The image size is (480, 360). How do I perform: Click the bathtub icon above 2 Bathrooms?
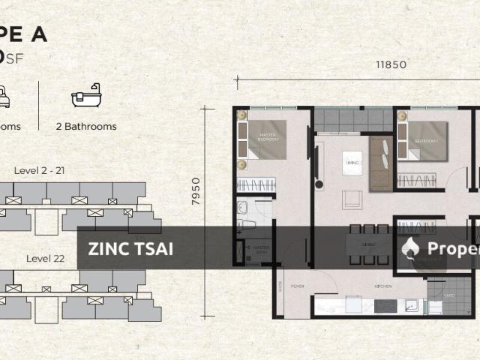82,98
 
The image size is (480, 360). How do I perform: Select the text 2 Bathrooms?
85,127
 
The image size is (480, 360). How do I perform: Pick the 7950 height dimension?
196,191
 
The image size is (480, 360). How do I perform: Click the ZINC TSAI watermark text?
130,249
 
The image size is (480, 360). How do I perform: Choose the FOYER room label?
297,286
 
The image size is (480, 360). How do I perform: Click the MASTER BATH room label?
260,249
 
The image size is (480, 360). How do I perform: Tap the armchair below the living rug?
351,199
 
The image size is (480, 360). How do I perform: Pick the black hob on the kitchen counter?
384,306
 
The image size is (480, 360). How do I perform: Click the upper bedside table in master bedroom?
241,115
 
